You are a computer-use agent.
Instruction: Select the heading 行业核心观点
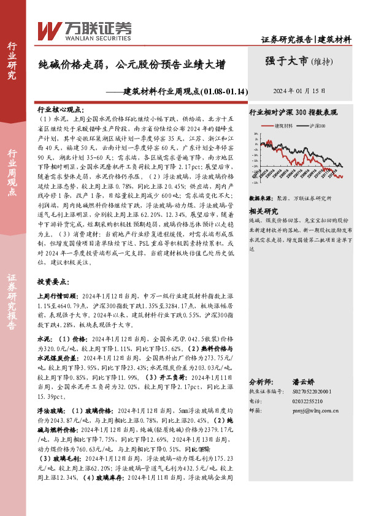tap(61, 107)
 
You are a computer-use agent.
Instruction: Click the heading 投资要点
tap(52, 281)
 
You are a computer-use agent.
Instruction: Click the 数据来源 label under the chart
tap(261, 199)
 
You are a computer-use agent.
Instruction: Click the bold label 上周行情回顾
tap(58, 295)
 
